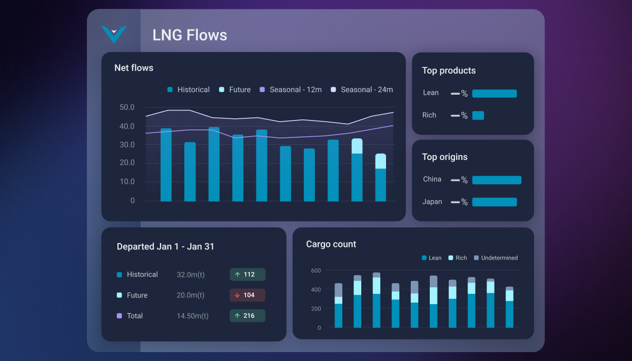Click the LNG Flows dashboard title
coord(190,35)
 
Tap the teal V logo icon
coord(114,34)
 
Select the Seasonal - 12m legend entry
coord(291,90)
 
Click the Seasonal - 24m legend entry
coord(362,90)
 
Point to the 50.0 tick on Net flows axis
coord(127,107)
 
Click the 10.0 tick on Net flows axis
coord(127,182)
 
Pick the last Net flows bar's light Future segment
coord(381,161)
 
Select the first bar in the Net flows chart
coord(166,165)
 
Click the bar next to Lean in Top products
coord(494,94)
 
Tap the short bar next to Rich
coord(478,115)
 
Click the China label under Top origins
coord(432,179)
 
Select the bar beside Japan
coord(494,202)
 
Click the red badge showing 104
coord(248,295)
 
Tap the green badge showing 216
coord(248,316)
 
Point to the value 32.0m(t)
coord(190,275)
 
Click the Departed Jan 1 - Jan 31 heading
coord(165,247)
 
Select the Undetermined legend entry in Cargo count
coord(495,258)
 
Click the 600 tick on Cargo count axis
coord(315,270)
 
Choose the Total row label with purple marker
coord(134,316)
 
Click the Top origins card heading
coord(445,157)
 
